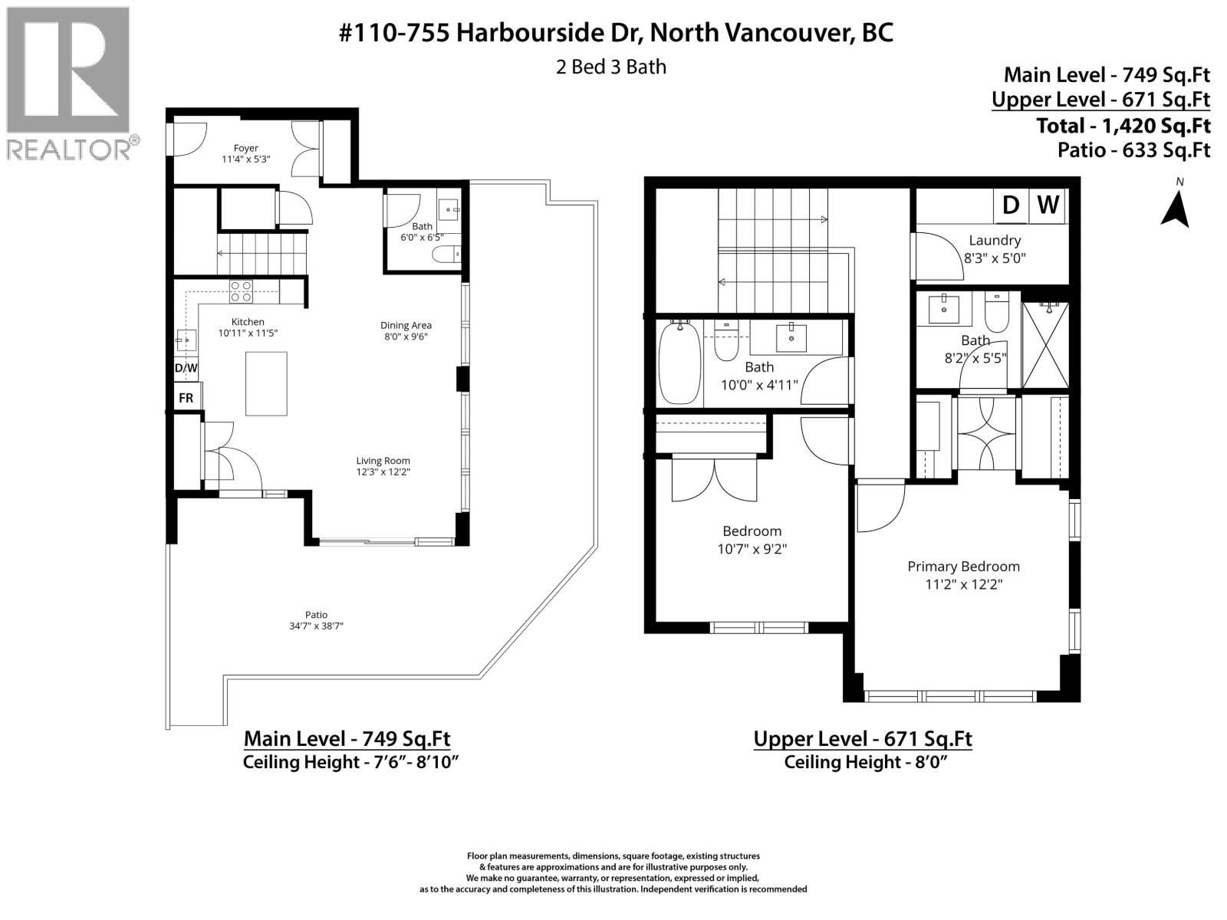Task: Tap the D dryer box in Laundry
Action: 1011,205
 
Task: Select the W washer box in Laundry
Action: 1048,205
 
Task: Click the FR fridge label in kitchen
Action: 186,398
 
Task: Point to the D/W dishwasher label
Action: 186,368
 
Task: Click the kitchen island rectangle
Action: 266,383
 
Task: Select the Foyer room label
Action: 246,148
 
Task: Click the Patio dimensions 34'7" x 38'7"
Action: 316,626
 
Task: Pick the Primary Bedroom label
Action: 963,567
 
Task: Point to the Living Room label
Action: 383,461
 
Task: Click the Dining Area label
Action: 406,325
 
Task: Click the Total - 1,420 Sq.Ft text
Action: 1123,125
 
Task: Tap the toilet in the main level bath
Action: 446,254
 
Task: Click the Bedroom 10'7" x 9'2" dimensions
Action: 752,549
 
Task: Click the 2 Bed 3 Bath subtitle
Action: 610,67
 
